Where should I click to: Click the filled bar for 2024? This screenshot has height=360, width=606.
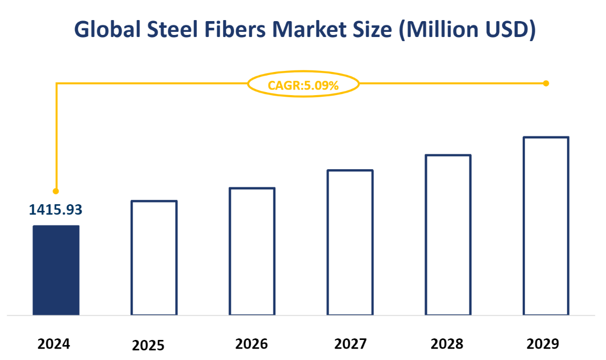point(56,270)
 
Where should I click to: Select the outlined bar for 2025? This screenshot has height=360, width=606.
point(154,258)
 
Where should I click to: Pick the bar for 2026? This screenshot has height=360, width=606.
point(252,251)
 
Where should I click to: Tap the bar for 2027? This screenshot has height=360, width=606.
point(350,242)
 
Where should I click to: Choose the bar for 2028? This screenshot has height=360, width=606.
point(448,235)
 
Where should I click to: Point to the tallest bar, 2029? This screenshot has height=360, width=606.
point(546,226)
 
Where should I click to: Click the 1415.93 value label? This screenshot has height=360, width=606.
point(56,209)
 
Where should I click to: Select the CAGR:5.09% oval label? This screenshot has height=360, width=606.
point(303,85)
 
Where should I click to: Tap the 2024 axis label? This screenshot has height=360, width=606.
point(53,344)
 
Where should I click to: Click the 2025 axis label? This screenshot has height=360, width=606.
point(149,345)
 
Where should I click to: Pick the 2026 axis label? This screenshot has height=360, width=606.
point(251,344)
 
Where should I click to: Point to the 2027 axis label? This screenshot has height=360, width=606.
point(350,344)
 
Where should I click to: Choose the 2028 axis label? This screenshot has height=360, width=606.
point(447,344)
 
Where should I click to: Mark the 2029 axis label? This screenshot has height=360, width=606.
point(543,344)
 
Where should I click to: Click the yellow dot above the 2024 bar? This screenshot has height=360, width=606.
point(56,191)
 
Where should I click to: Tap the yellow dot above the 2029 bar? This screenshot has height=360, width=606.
point(546,83)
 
